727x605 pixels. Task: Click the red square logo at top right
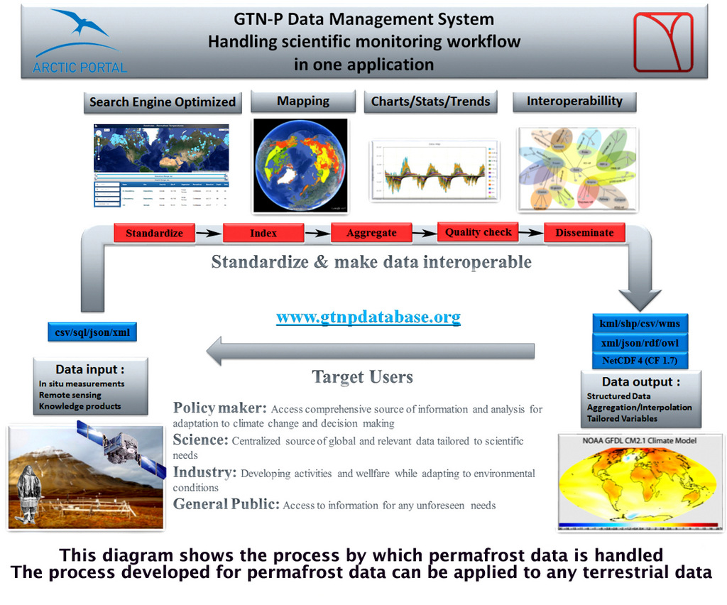tap(662, 42)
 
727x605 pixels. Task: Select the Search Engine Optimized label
tap(163, 102)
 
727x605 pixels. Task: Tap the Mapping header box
tap(303, 102)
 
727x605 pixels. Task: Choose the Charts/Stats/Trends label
tap(430, 102)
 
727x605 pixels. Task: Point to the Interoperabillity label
tap(574, 102)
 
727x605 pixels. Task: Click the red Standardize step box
tap(154, 233)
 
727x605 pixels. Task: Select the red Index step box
tap(263, 233)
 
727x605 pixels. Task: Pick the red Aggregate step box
tap(371, 233)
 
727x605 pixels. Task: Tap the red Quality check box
tap(479, 232)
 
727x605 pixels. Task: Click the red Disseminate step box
tap(584, 233)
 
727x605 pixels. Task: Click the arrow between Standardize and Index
tap(209, 233)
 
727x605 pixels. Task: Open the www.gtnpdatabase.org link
tap(368, 317)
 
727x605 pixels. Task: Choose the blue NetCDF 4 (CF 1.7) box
tap(640, 360)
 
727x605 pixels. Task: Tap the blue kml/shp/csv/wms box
tap(640, 324)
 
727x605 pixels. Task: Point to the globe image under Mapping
tap(300, 165)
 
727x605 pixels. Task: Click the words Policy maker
tap(219, 408)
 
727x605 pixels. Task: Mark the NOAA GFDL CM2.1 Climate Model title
tap(640, 440)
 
